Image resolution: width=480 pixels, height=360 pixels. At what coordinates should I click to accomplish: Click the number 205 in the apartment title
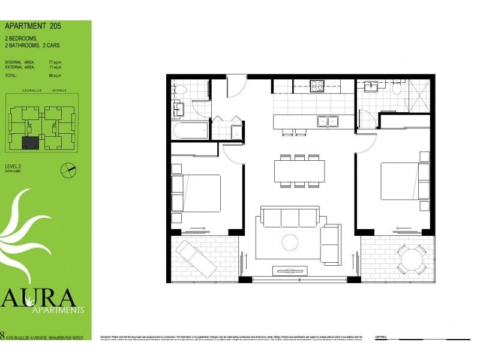[53, 26]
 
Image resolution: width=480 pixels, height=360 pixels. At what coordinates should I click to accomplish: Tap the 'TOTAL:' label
[11, 76]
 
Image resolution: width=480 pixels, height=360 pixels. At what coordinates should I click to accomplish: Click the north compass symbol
[69, 170]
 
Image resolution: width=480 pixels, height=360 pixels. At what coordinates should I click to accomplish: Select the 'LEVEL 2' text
[14, 167]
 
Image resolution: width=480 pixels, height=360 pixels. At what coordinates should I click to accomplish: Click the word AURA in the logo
[40, 298]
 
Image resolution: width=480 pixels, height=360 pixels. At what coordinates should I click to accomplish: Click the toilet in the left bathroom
[178, 89]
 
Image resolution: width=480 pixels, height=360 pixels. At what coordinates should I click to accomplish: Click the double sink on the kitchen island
[328, 121]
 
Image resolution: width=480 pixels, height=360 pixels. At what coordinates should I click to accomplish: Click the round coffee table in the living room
[290, 242]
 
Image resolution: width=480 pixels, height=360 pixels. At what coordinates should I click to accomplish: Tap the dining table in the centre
[299, 170]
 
